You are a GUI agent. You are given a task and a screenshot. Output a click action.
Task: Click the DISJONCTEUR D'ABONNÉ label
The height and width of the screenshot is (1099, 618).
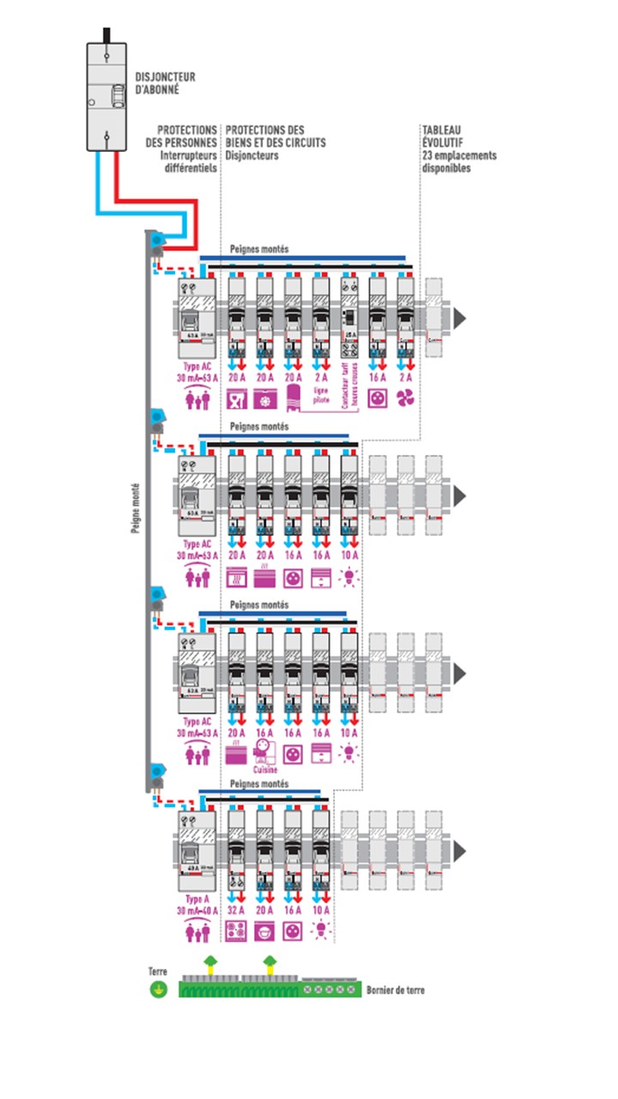(x=166, y=82)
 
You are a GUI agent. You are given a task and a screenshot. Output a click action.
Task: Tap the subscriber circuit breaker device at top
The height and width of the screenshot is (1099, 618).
(x=106, y=97)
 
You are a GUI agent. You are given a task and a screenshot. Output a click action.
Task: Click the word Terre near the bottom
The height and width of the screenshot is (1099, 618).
(x=157, y=971)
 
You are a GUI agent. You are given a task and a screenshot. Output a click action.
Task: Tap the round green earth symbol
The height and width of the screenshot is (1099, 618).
(x=157, y=990)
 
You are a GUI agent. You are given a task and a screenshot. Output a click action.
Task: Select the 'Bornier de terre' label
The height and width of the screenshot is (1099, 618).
(x=395, y=990)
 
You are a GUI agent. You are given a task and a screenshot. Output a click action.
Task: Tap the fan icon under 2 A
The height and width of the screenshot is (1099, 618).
(x=404, y=399)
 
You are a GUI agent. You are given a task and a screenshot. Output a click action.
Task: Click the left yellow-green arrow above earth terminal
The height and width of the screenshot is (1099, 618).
(x=209, y=962)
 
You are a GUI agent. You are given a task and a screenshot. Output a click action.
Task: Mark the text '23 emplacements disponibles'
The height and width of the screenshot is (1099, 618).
(x=459, y=162)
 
